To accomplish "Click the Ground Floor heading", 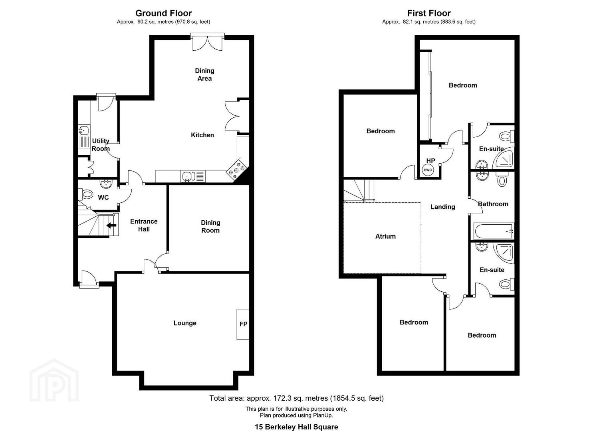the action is point(163,13).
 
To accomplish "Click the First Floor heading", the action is point(428,13).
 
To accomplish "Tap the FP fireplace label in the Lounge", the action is point(243,324).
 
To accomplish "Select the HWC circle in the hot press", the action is point(428,170).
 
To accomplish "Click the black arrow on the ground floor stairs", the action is point(111,225).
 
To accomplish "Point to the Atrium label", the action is point(385,236).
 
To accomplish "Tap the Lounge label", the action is point(185,323).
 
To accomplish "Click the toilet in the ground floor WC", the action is point(86,195).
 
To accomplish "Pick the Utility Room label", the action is point(101,145).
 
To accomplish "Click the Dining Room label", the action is point(210,227).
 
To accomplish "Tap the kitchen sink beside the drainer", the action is point(187,176).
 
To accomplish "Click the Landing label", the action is point(442,207).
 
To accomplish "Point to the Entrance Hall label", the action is point(144,225).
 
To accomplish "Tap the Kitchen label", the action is point(202,135).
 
